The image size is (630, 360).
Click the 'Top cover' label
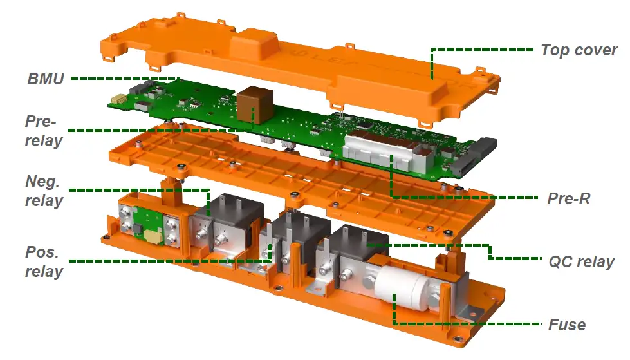[x=579, y=50]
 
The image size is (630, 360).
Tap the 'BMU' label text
[x=46, y=79]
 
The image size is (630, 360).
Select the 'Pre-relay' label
[x=44, y=131]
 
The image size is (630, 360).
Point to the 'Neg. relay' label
[x=44, y=191]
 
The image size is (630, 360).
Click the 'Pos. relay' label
[x=44, y=261]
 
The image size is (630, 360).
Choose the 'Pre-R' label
[x=568, y=198]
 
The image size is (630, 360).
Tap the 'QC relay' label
[x=581, y=262]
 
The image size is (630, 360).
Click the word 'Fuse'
[x=567, y=325]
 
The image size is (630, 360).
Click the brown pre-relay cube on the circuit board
[x=255, y=104]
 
